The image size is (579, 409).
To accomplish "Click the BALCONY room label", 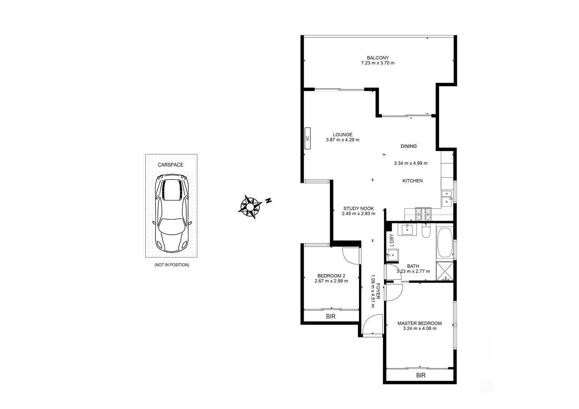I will [377, 58].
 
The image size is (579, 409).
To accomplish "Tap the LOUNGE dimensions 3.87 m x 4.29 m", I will [342, 140].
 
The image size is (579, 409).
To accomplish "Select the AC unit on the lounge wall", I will [308, 138].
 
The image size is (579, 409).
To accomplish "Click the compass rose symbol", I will [250, 207].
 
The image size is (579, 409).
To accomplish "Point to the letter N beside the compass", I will [268, 201].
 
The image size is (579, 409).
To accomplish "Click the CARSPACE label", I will [171, 165].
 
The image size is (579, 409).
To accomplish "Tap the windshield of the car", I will [172, 226].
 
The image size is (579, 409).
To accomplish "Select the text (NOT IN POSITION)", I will [172, 265].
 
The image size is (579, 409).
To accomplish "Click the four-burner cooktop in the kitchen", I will [424, 214].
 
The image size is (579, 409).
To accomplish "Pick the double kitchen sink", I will [447, 198].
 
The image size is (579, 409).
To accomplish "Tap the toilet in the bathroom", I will [426, 231].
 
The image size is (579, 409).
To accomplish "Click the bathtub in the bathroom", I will [445, 242].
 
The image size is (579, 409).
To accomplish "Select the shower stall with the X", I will [445, 271].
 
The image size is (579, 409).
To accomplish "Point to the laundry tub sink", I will [392, 254].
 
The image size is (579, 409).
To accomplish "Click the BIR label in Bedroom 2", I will [331, 317].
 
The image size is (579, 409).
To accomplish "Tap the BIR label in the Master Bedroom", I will [421, 375].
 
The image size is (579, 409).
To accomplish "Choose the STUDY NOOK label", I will [358, 209].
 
